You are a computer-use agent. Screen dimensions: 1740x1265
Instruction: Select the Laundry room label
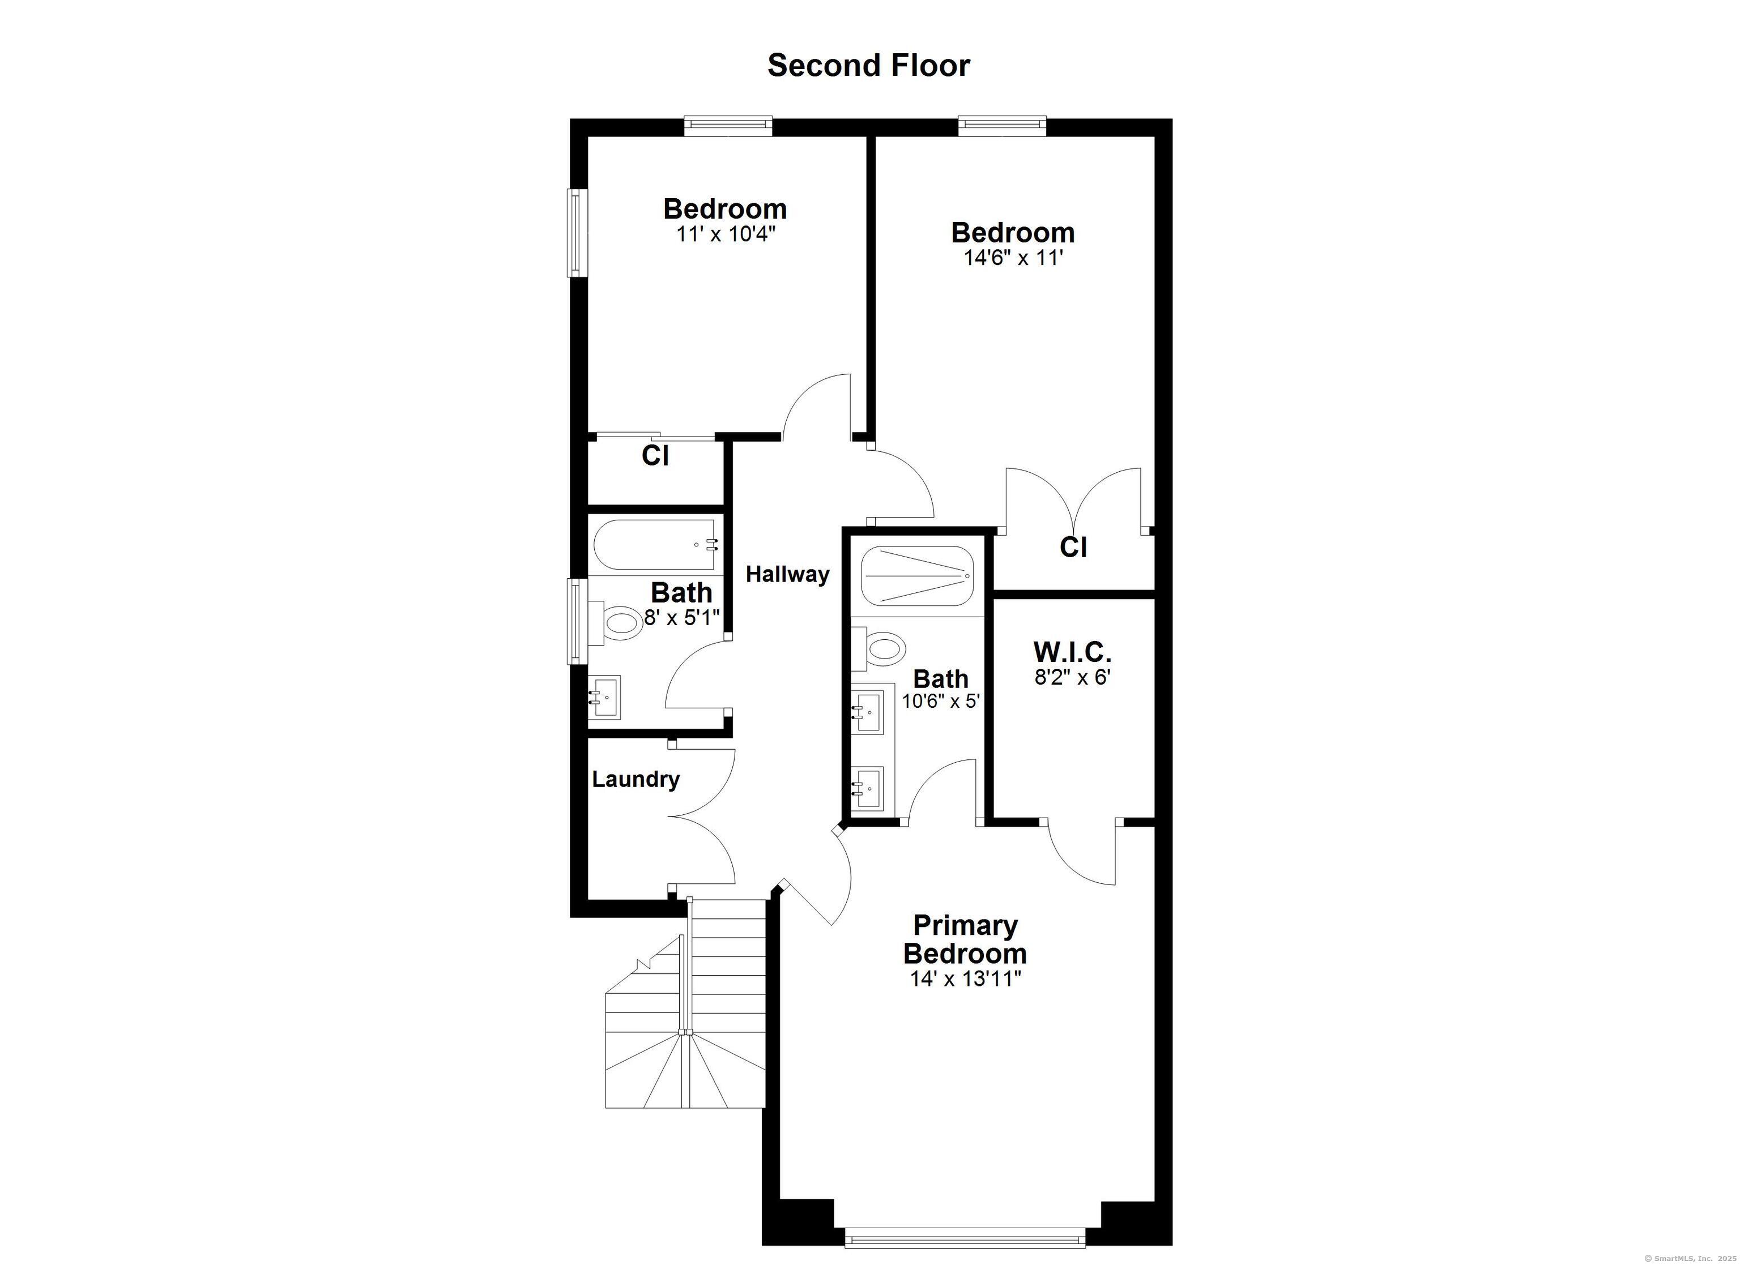pos(636,779)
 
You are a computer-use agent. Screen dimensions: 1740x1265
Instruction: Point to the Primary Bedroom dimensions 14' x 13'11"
pos(966,979)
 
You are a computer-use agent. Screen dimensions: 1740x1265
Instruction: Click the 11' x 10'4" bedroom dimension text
pos(726,233)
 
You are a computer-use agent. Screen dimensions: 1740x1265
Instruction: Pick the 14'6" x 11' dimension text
pos(1013,257)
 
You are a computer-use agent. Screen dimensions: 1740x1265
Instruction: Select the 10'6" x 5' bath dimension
pos(941,700)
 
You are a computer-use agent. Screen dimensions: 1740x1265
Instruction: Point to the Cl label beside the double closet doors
pos(1073,547)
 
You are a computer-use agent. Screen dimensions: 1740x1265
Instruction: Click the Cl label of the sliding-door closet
pos(655,456)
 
